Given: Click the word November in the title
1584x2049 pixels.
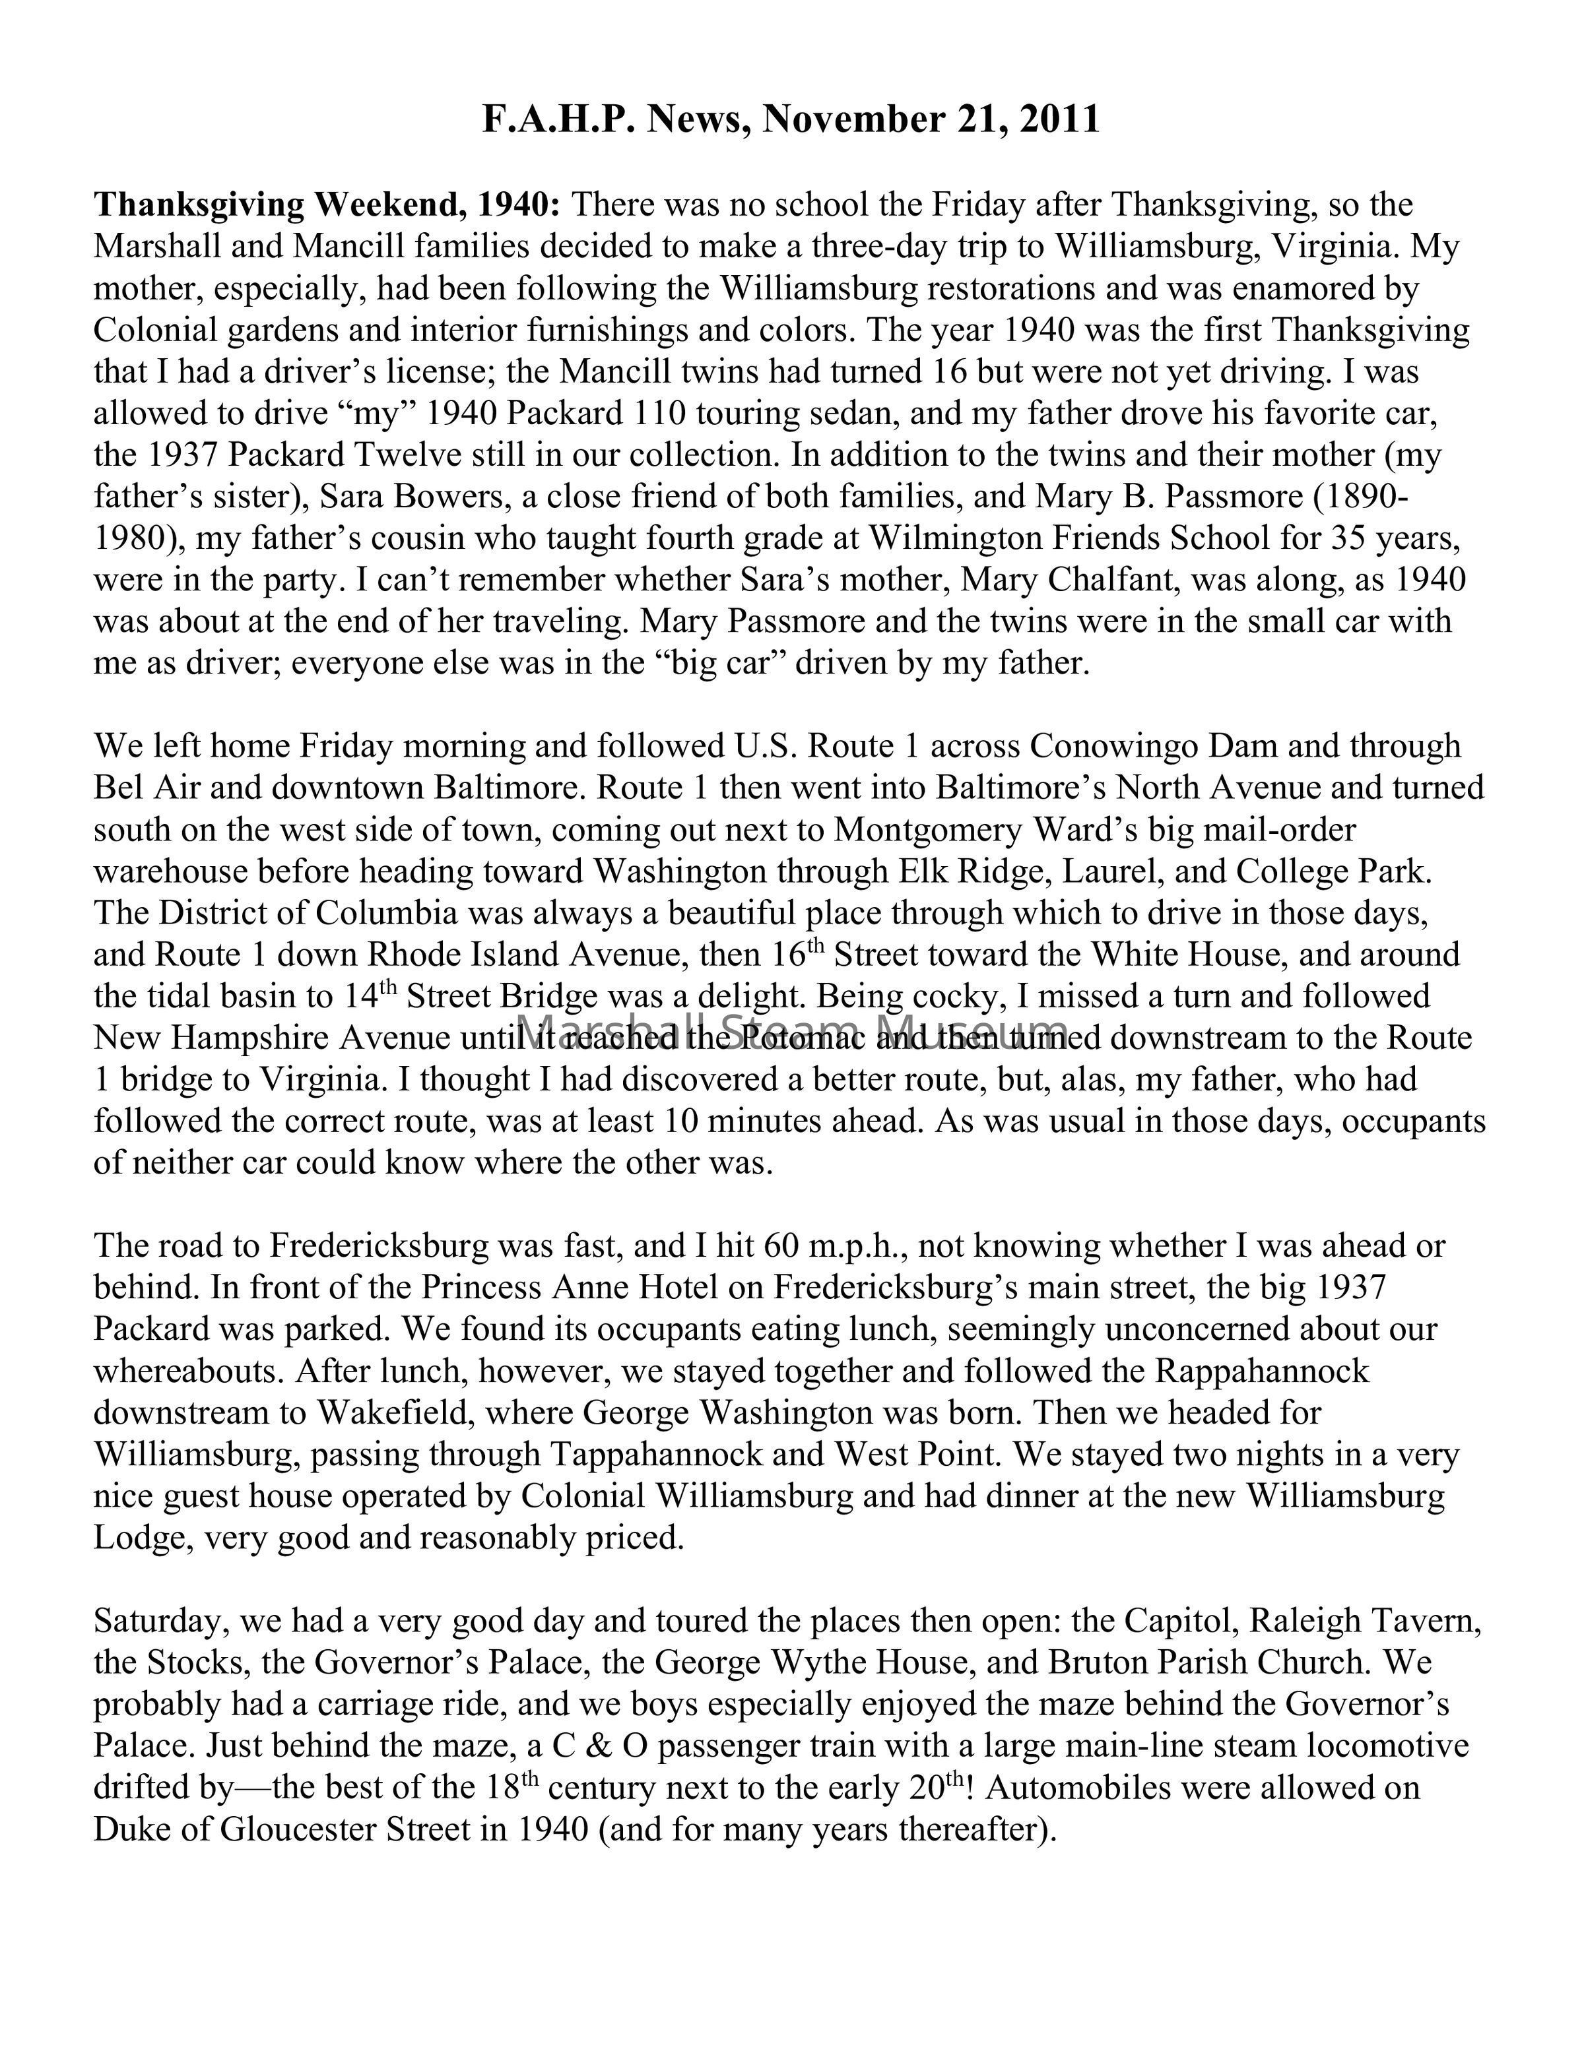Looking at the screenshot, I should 851,120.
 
